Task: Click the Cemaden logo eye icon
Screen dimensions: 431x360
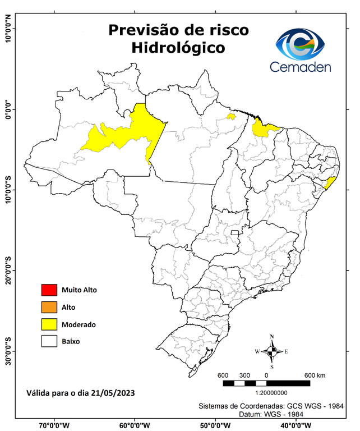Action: pyautogui.click(x=303, y=44)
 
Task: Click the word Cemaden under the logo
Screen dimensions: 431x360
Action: pyautogui.click(x=301, y=67)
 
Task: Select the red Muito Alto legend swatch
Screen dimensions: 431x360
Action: pyautogui.click(x=49, y=290)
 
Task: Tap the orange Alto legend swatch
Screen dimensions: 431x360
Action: pyautogui.click(x=49, y=307)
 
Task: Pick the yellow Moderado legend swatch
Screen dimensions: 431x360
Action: pyautogui.click(x=49, y=324)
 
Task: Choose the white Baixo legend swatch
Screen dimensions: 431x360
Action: pyautogui.click(x=49, y=341)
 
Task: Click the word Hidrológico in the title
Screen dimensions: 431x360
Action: pyautogui.click(x=178, y=48)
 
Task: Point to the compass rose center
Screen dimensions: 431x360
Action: pyautogui.click(x=272, y=352)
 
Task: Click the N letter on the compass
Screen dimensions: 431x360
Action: pyautogui.click(x=272, y=337)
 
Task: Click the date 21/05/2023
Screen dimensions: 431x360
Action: pyautogui.click(x=110, y=392)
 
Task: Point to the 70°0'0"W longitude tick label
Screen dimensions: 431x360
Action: pyautogui.click(x=54, y=425)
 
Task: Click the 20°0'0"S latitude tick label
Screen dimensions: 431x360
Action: pyautogui.click(x=8, y=271)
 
